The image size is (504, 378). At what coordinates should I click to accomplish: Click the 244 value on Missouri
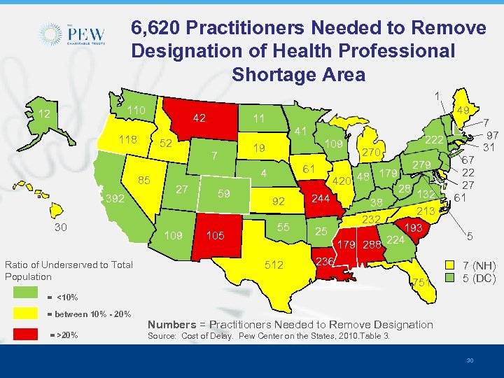point(321,199)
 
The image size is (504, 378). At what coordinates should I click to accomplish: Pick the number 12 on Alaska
point(44,114)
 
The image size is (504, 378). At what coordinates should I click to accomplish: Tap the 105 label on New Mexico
point(216,235)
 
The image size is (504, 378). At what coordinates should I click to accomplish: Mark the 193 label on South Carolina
point(414,229)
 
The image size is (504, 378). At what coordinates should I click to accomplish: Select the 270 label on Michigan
point(371,152)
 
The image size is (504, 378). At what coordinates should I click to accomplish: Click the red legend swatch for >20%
point(26,335)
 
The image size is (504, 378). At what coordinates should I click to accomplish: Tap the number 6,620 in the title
point(162,29)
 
